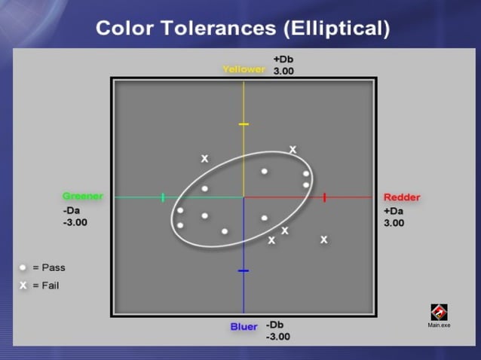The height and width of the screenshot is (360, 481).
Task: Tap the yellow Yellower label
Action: (x=244, y=69)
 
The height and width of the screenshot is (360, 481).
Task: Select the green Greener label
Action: (x=83, y=197)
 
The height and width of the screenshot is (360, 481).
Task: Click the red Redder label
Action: (x=402, y=197)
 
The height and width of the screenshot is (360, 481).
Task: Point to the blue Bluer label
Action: (x=244, y=327)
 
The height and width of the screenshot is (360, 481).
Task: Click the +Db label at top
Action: (x=283, y=59)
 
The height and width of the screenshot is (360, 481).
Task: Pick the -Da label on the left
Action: (x=72, y=211)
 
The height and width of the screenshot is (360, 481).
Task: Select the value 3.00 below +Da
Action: (x=394, y=223)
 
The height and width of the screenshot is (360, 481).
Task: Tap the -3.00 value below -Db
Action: (x=277, y=337)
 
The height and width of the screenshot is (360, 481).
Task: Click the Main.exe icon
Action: (x=439, y=312)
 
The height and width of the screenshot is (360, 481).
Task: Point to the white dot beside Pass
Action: (x=23, y=267)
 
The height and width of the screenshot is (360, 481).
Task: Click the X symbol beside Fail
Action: (x=23, y=285)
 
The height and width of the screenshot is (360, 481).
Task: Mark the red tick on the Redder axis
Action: (x=324, y=197)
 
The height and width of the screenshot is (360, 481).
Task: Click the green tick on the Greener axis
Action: (x=163, y=197)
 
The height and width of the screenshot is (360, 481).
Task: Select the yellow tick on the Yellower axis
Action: (x=244, y=124)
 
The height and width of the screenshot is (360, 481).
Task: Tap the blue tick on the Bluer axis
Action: (x=244, y=270)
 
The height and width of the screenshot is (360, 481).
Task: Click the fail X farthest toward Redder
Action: (x=324, y=239)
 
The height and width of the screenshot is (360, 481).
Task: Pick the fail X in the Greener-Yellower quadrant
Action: (x=204, y=159)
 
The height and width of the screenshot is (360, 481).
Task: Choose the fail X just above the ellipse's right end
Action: (x=293, y=150)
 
